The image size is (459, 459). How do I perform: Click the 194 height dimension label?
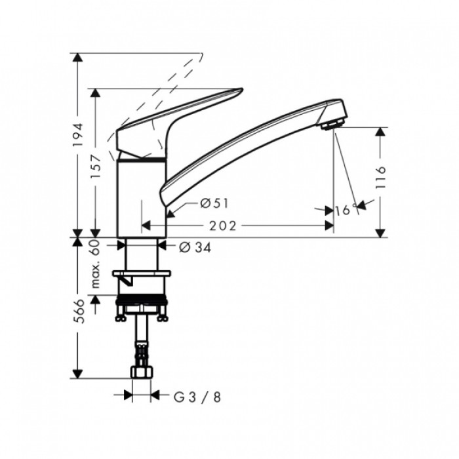click(x=78, y=135)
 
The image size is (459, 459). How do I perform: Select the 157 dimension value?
click(x=96, y=167)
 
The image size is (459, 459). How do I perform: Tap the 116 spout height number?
click(x=380, y=178)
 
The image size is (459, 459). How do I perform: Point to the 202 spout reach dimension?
click(x=222, y=226)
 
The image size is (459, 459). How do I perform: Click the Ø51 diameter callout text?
click(x=214, y=203)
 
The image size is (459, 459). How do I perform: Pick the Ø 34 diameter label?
click(x=195, y=248)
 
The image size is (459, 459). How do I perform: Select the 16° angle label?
click(x=346, y=210)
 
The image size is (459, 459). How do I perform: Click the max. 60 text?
click(x=96, y=264)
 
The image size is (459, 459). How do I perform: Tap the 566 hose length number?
click(x=78, y=311)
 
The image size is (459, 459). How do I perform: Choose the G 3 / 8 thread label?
click(x=197, y=397)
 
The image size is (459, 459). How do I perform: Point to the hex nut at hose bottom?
click(x=142, y=372)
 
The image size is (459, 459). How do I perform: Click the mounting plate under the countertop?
click(x=142, y=273)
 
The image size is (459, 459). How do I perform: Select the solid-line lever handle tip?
click(x=242, y=89)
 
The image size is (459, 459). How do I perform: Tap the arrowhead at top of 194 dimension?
click(x=77, y=58)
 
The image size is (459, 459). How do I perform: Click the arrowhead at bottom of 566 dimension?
click(x=77, y=374)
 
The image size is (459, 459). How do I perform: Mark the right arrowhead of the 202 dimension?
click(x=329, y=226)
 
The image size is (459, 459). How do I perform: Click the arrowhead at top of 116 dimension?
click(x=380, y=132)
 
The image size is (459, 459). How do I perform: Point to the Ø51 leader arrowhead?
click(x=170, y=214)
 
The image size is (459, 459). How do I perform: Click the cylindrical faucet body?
click(x=142, y=198)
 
